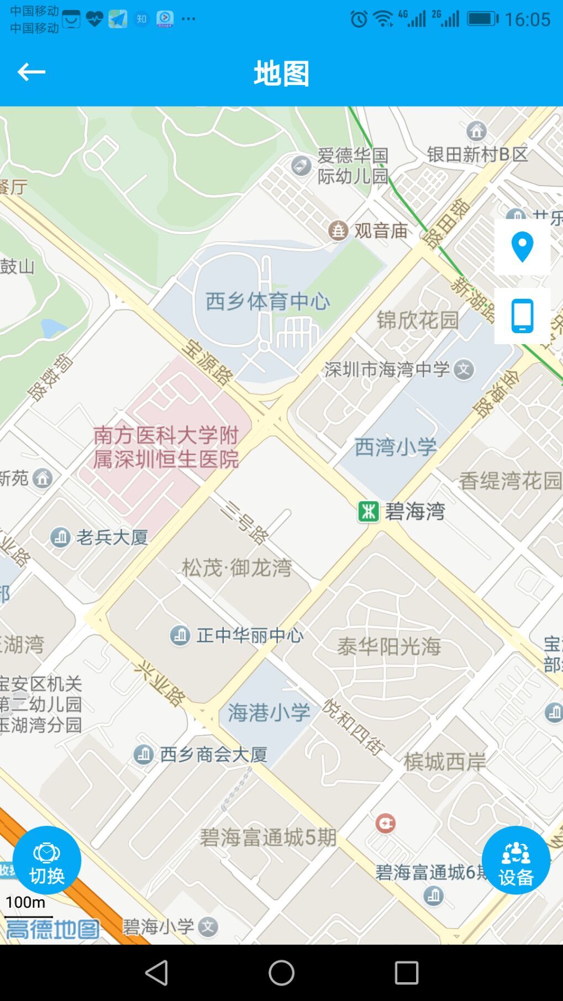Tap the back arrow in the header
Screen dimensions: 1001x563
[31, 72]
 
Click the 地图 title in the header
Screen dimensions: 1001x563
[281, 73]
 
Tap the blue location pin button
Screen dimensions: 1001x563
[522, 247]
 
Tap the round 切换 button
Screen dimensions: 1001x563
[47, 860]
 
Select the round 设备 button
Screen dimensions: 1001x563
[516, 860]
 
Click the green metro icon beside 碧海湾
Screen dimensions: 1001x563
[369, 512]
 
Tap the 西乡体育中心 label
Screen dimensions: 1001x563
[268, 302]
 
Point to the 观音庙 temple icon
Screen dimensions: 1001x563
[338, 230]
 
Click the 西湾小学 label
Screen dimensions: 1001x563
[396, 447]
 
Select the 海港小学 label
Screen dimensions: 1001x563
[269, 713]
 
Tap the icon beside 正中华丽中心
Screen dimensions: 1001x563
[180, 635]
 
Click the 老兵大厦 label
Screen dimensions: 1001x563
[112, 537]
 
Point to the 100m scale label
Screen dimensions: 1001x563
[25, 902]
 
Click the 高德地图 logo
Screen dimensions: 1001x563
[52, 929]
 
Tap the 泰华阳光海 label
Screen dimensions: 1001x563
[389, 646]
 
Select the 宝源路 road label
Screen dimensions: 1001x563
[207, 362]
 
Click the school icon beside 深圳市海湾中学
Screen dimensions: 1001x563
[464, 370]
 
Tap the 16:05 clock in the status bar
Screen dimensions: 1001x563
[527, 20]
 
